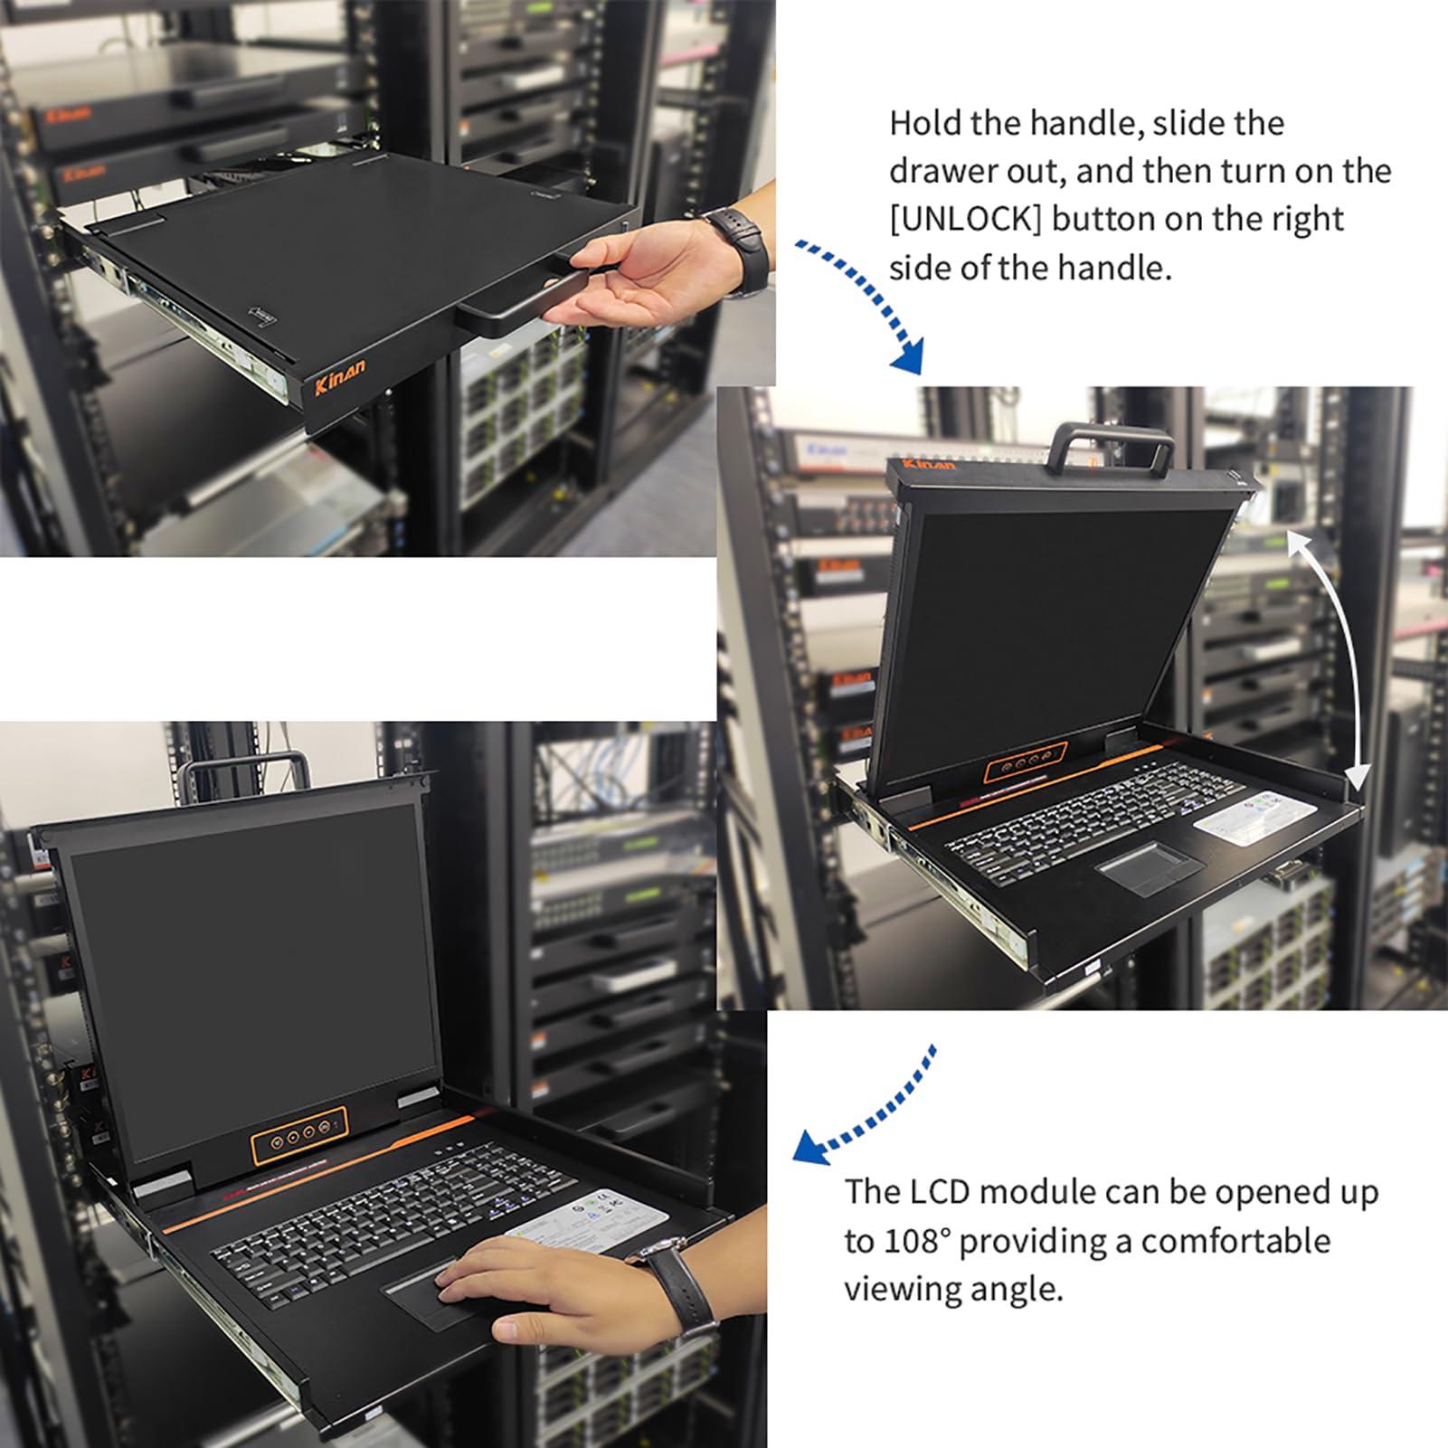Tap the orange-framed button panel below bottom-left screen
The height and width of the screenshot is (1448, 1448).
[x=298, y=1135]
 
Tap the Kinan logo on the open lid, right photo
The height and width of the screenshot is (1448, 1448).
[x=930, y=464]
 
